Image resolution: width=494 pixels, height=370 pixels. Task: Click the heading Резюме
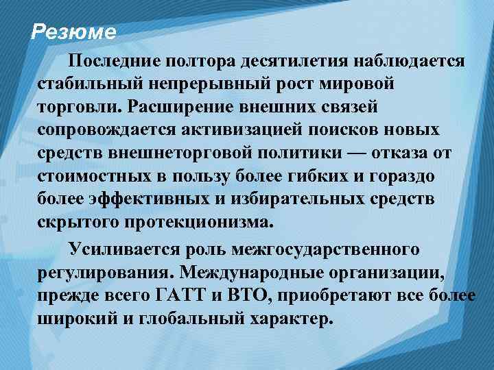[74, 32]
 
